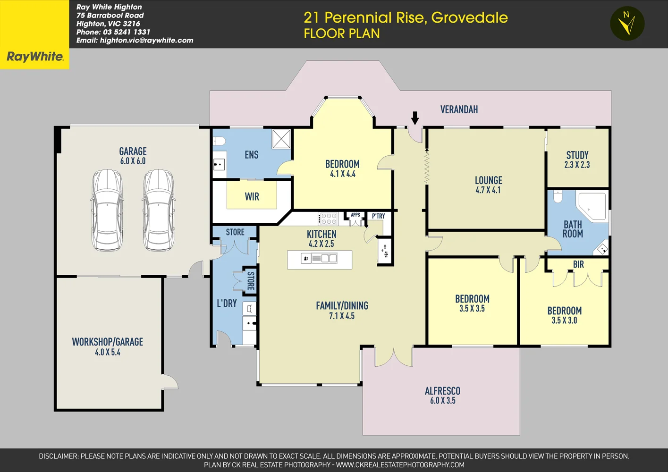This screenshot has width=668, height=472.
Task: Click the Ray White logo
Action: pyautogui.click(x=34, y=57)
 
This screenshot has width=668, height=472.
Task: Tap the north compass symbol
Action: pyautogui.click(x=627, y=23)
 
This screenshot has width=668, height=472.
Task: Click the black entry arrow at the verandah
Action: pyautogui.click(x=415, y=118)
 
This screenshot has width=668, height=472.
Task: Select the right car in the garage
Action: pyautogui.click(x=158, y=210)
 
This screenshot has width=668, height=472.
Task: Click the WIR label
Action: pyautogui.click(x=252, y=197)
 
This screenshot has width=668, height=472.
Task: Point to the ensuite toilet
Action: pyautogui.click(x=219, y=141)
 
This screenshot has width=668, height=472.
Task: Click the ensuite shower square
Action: pyautogui.click(x=281, y=139)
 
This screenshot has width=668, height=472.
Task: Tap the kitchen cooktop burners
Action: pyautogui.click(x=329, y=219)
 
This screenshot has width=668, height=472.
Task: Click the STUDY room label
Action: pyautogui.click(x=577, y=155)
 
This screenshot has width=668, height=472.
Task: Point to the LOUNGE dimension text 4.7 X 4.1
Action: pyautogui.click(x=488, y=190)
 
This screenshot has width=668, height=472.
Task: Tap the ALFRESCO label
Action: pyautogui.click(x=442, y=391)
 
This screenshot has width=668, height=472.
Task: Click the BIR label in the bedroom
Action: pyautogui.click(x=578, y=265)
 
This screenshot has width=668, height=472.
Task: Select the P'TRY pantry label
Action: pyautogui.click(x=378, y=216)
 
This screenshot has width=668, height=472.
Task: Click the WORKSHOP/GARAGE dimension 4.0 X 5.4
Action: pyautogui.click(x=108, y=352)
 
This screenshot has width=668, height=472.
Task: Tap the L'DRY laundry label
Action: pyautogui.click(x=227, y=303)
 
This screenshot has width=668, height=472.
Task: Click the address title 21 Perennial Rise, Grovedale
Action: pyautogui.click(x=406, y=17)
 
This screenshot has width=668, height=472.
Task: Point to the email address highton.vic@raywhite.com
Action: pyautogui.click(x=146, y=41)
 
